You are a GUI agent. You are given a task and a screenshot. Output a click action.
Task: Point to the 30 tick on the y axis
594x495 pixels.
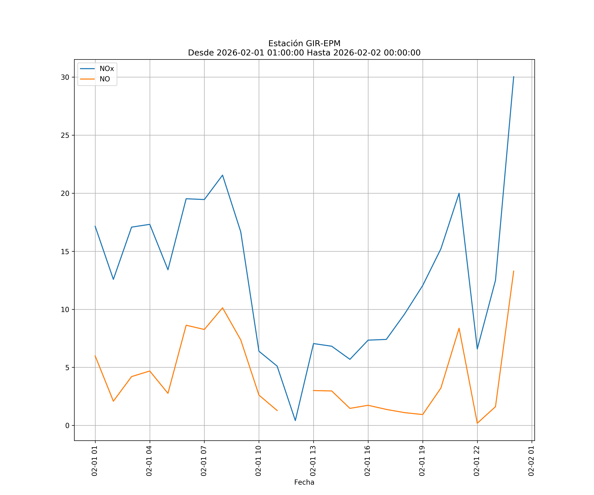(65, 77)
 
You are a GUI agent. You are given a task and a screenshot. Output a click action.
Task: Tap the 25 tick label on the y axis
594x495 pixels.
(65, 135)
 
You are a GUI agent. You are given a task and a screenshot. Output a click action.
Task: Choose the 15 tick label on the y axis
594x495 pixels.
(65, 251)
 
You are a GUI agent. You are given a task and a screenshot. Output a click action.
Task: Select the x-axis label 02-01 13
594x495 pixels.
(313, 461)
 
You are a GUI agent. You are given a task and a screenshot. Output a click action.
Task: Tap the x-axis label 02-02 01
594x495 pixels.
(531, 461)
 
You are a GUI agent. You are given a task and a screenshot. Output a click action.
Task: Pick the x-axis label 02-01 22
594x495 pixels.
(477, 461)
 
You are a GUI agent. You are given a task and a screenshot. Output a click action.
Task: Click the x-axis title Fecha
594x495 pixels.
(304, 482)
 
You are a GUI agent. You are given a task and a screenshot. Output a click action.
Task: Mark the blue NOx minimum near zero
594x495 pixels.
(295, 421)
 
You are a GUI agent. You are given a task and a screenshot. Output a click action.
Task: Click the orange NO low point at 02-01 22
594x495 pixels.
(477, 423)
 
